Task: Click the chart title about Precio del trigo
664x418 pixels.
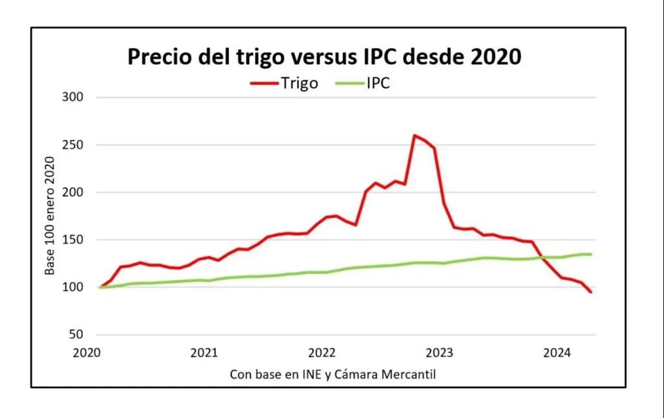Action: coord(324,56)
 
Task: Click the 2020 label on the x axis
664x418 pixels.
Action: coord(86,353)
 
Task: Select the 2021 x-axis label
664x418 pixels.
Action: coord(204,353)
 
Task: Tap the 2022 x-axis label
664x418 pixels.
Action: coord(322,353)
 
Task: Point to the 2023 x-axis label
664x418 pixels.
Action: coord(439,353)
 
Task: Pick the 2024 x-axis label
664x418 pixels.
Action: coord(556,353)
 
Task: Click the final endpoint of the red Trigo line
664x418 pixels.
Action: coord(591,292)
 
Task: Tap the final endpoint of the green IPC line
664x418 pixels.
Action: coord(591,254)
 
